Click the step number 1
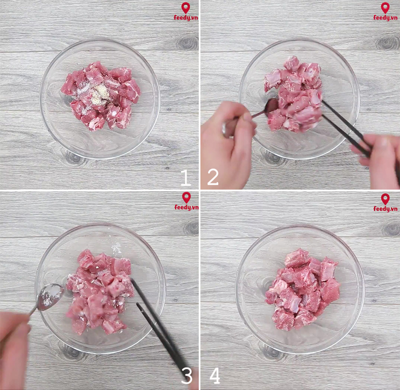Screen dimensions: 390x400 185,178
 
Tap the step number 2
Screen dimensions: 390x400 212,178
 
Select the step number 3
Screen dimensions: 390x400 187,376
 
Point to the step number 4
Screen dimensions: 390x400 215,376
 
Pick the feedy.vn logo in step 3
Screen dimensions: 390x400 186,201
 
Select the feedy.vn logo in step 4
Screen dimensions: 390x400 385,202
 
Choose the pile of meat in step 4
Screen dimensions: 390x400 303,289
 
